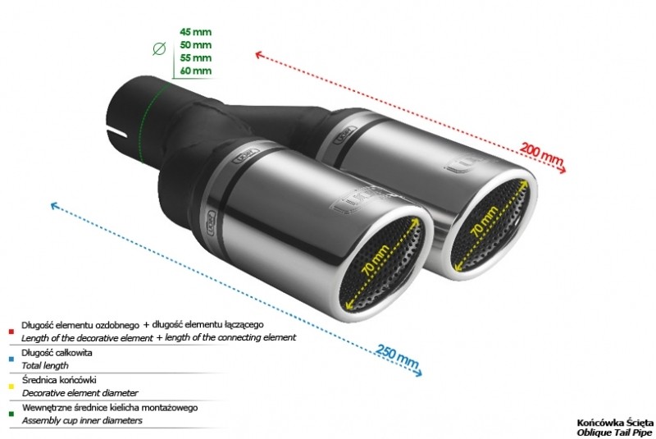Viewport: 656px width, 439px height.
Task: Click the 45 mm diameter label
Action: click(195, 32)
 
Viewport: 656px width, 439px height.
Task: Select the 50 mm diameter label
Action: click(195, 45)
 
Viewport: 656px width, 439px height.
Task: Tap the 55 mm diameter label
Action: click(195, 57)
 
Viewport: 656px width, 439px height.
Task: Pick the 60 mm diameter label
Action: click(195, 71)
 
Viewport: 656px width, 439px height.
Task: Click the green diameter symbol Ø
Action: click(159, 49)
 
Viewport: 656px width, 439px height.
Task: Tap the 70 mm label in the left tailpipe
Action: click(376, 260)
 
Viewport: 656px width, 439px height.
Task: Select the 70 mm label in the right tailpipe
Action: click(485, 221)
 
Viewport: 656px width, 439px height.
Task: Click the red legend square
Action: click(11, 332)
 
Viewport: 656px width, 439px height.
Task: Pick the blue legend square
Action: click(11, 359)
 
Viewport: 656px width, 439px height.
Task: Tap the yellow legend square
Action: click(11, 386)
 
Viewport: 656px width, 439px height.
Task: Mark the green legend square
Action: click(11, 414)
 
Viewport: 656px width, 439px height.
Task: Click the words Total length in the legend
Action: click(45, 365)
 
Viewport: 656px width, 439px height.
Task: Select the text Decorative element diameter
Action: click(80, 393)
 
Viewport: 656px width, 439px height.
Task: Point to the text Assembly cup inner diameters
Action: click(82, 420)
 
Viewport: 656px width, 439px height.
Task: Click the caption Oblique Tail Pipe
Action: click(614, 432)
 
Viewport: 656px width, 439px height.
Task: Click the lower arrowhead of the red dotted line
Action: click(563, 169)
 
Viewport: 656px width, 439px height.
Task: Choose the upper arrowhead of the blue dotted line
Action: click(54, 205)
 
